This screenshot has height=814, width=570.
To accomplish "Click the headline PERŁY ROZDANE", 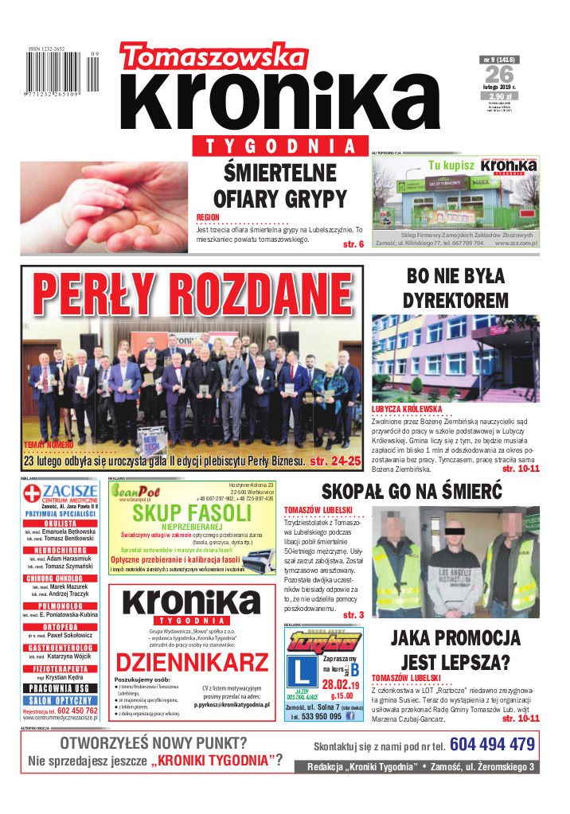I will pos(192,294).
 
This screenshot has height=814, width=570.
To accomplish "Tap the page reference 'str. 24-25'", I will pos(334,461).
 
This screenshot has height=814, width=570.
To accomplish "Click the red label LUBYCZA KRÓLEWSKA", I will pos(407,409).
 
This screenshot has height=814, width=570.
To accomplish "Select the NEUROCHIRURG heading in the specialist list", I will pos(61,550).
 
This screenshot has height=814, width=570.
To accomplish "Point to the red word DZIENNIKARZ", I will pos(192,661).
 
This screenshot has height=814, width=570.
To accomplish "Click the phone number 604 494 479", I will pos(491,745).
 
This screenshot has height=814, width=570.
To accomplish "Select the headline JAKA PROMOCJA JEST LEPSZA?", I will pos(455,650).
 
